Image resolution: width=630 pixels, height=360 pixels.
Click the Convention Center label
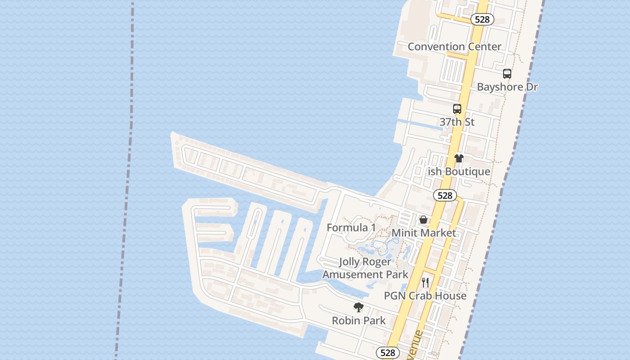454,47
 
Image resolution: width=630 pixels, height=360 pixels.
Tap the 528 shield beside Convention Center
482,19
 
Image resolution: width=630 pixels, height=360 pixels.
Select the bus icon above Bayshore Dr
507,74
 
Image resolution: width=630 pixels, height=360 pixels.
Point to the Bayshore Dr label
507,87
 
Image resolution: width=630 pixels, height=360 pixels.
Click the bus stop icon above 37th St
457,109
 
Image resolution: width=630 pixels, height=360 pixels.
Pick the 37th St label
457,122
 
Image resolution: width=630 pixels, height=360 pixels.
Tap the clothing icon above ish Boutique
459,158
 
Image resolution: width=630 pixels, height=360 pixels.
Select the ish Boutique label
459,171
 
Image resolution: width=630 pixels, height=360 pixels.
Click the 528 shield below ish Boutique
445,195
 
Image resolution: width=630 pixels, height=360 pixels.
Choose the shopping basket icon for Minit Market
423,220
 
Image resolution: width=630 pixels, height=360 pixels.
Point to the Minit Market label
423,233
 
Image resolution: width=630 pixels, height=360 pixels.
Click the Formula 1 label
351,228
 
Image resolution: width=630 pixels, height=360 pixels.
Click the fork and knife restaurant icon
425,283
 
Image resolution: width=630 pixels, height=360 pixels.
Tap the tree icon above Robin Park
359,307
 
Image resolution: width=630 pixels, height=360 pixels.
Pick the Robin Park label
359,320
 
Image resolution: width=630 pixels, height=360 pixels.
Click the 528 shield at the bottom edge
387,353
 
